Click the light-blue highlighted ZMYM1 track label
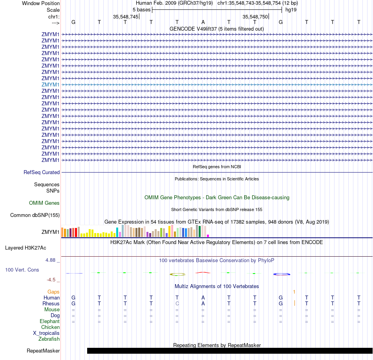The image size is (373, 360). tap(51, 84)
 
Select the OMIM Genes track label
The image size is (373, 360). tap(44, 203)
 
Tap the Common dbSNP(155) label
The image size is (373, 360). tap(35, 215)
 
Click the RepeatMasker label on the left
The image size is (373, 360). tap(43, 351)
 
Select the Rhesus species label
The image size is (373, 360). tap(51, 303)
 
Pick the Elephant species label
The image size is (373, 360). tap(50, 321)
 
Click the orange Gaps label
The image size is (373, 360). tap(53, 292)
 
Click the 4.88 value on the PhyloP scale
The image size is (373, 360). tap(53, 260)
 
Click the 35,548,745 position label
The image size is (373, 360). tap(126, 17)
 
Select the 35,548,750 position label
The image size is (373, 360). tap(255, 17)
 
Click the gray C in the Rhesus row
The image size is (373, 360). tap(177, 303)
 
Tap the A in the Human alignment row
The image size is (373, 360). tap(203, 298)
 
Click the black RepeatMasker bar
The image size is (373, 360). tap(230, 351)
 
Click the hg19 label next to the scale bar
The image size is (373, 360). tap(291, 9)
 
